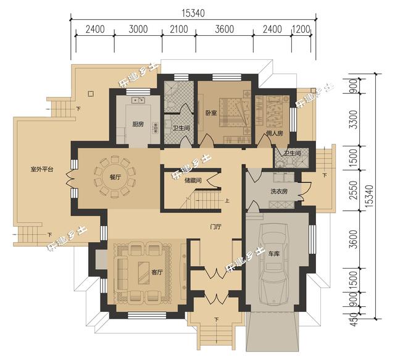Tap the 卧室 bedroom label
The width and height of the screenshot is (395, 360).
point(210,113)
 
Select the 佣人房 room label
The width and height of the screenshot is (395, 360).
point(275,133)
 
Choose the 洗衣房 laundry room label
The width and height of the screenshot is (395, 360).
point(279,191)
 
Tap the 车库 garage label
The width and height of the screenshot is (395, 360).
point(274,253)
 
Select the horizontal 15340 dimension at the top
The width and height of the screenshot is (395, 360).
point(193,12)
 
